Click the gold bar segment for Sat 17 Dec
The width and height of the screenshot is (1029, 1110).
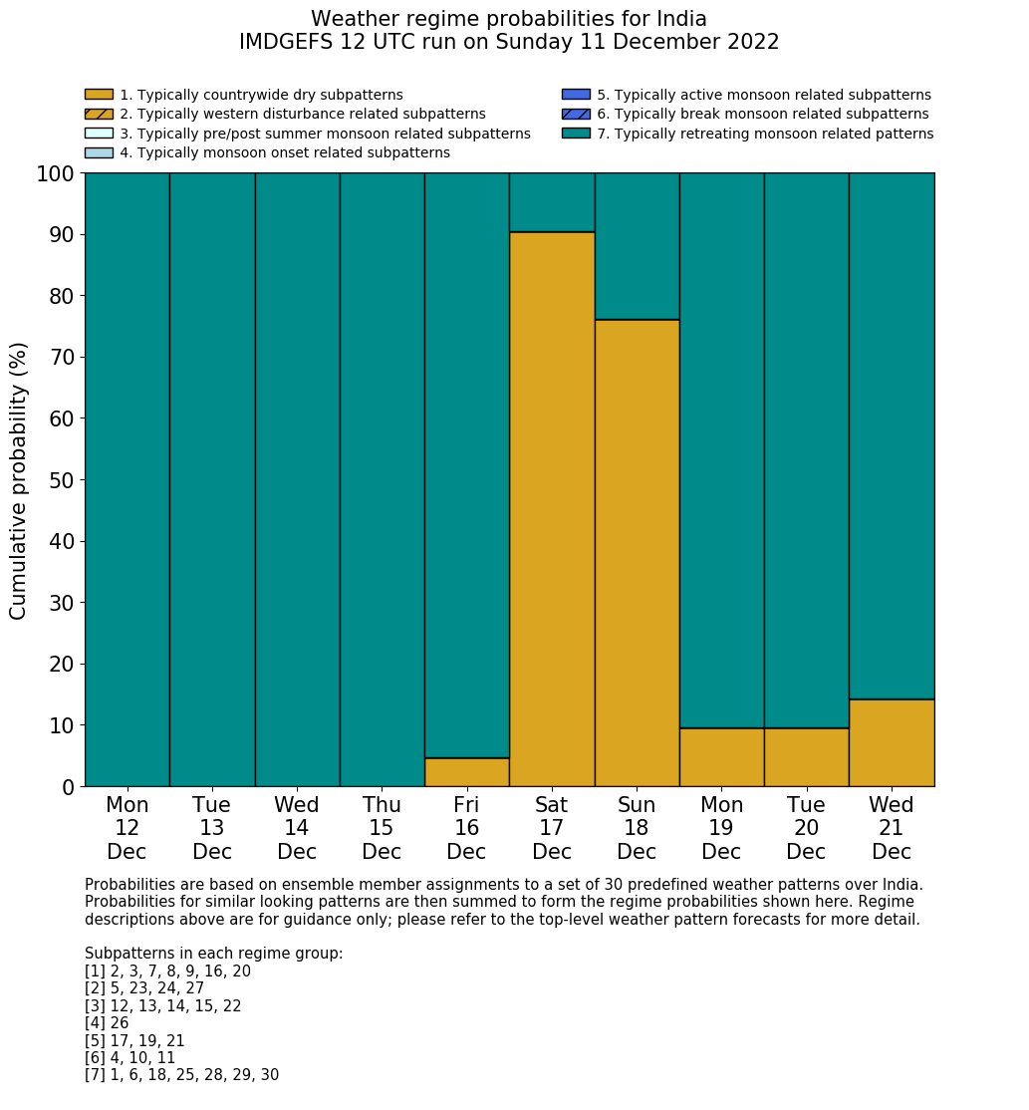point(552,509)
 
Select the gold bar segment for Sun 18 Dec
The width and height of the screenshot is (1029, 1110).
point(637,553)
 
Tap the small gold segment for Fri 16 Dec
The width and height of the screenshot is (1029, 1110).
point(466,772)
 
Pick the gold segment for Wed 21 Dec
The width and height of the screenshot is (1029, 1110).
point(892,743)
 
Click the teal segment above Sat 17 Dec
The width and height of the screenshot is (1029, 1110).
point(552,202)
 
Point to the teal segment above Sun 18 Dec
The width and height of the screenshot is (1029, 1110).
point(637,246)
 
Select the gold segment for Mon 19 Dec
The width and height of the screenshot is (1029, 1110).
point(721,757)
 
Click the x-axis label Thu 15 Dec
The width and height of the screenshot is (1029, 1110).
point(382,828)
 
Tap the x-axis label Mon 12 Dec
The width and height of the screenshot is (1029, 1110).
point(128,828)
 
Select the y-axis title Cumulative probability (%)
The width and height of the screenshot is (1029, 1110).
point(19,480)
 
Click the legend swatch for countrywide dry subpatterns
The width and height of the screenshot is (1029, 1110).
point(99,95)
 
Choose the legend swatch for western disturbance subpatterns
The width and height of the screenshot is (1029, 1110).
point(99,114)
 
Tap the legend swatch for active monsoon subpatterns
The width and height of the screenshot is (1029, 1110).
point(576,95)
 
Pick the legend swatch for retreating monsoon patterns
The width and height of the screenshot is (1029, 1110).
point(576,134)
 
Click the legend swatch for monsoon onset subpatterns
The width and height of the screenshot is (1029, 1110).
point(99,152)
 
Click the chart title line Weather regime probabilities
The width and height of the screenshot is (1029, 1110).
point(509,19)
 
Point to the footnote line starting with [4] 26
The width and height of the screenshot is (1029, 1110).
point(107,1023)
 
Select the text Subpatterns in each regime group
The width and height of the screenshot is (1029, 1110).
point(214,954)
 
